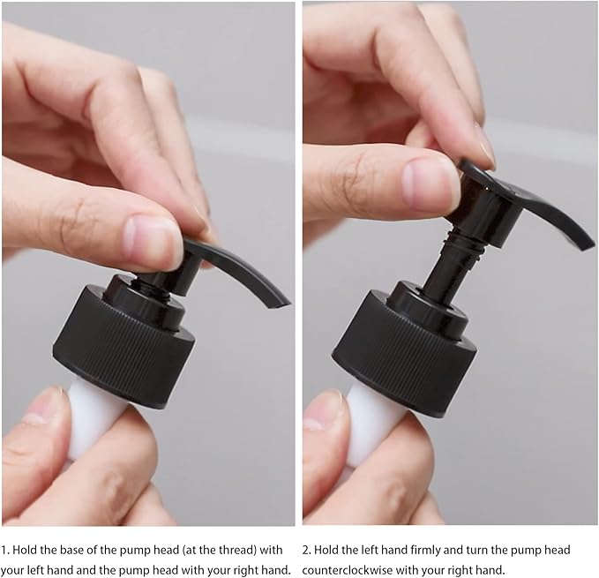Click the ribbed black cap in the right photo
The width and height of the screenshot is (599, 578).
pos(404,350)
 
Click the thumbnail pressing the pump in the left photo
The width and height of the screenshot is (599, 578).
pos(152,240)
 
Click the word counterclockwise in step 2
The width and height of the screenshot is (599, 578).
pos(348,570)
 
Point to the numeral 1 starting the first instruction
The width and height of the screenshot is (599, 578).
pos(4,551)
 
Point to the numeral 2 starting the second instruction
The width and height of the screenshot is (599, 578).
pos(306,551)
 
